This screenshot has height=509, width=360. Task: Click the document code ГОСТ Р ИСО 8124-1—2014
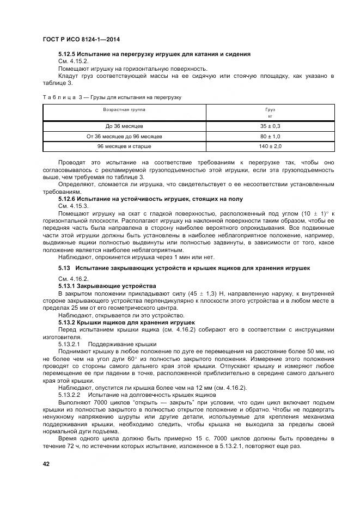pos(81,40)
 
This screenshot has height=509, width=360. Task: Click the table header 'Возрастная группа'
pos(124,109)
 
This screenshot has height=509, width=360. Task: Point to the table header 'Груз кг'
pos(270,113)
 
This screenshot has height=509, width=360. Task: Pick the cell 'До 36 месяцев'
pos(124,126)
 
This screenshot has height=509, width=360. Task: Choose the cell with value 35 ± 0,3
pos(270,126)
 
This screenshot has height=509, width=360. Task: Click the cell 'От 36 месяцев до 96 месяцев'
pos(124,137)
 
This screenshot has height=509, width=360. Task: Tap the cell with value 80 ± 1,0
pos(270,137)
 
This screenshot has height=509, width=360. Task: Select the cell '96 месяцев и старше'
pos(124,147)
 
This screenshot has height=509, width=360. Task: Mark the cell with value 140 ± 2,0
pos(270,147)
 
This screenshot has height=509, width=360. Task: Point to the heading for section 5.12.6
pos(150,199)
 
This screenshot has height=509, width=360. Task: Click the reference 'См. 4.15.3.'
pos(73,206)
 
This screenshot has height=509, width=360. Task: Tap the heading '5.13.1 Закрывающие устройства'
pos(107,286)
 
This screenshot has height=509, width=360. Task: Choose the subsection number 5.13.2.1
pos(69,345)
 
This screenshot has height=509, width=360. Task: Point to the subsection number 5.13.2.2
pos(69,394)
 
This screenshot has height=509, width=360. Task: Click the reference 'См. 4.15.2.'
pos(73,62)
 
